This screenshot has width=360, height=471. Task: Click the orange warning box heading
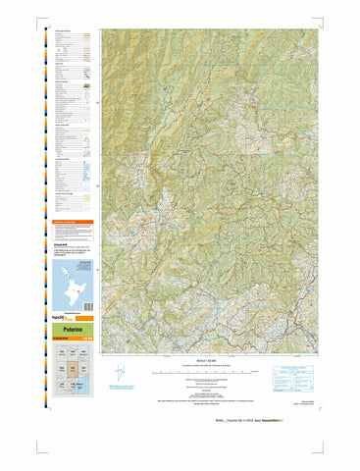click(71, 223)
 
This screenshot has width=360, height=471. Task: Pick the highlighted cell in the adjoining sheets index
click(72, 370)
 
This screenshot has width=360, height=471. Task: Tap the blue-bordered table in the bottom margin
click(293, 373)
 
